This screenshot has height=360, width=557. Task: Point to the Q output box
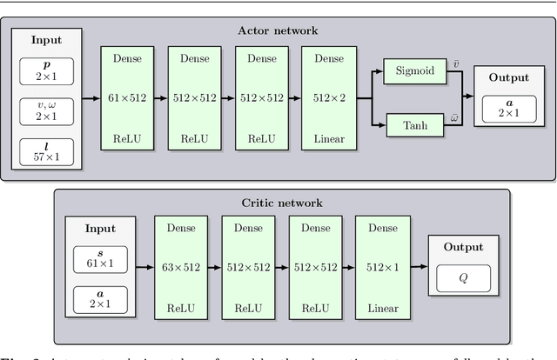(x=463, y=279)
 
